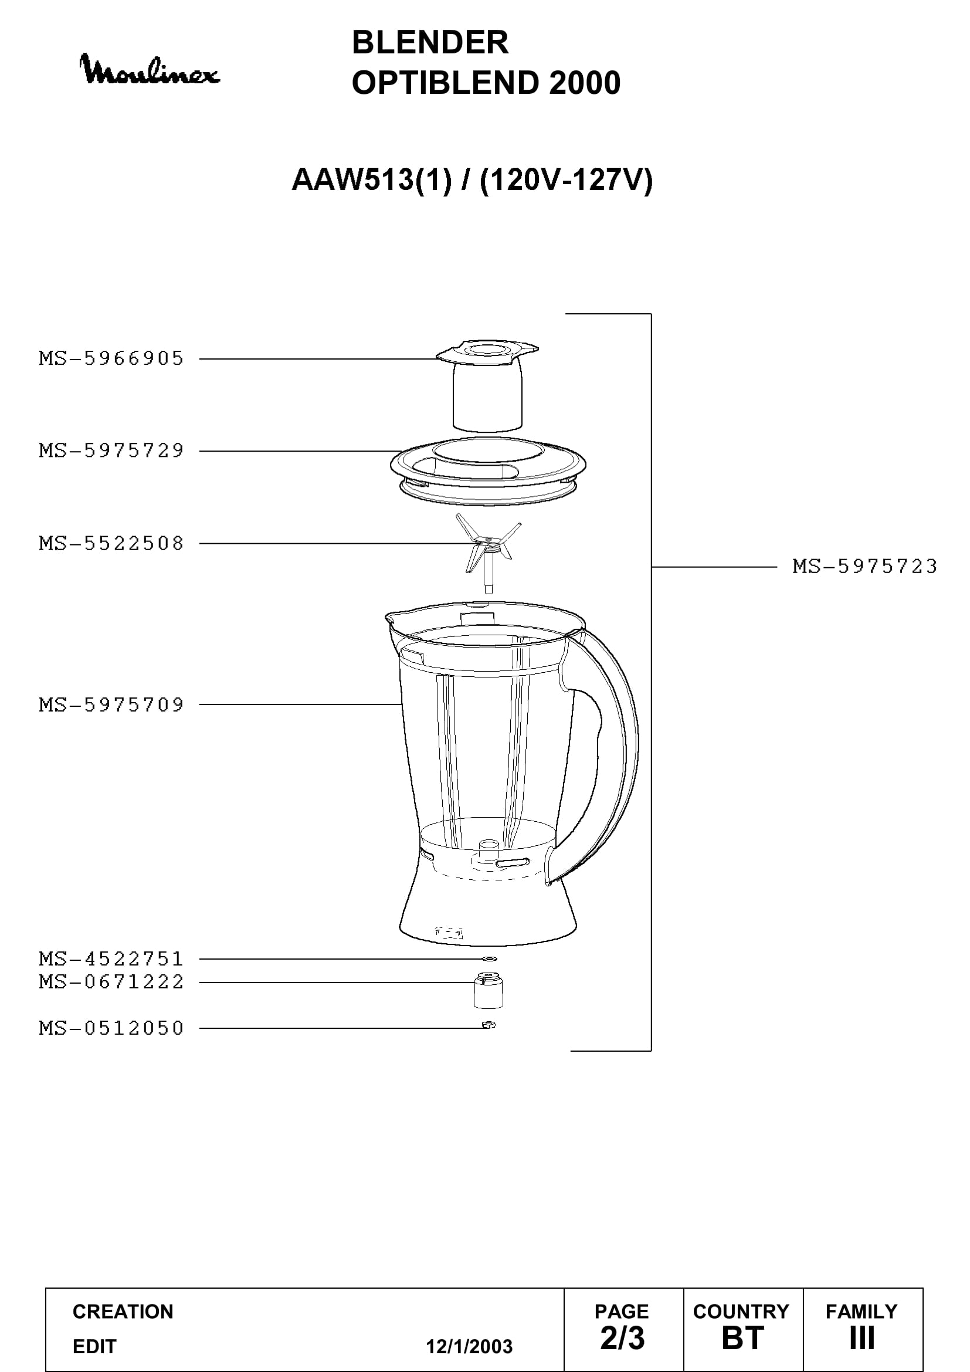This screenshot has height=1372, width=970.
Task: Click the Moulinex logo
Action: (150, 69)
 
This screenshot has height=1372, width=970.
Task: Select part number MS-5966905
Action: (111, 358)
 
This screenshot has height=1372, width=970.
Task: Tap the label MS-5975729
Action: (111, 450)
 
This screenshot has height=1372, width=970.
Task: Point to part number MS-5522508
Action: (111, 543)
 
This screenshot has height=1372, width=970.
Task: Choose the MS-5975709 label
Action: (111, 704)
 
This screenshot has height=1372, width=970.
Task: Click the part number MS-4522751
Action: (111, 958)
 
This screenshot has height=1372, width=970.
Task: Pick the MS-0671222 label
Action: (111, 982)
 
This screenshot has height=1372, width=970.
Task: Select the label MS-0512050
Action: (111, 1028)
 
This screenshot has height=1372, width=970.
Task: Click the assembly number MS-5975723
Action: (865, 566)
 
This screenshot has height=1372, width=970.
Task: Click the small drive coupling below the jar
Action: (488, 991)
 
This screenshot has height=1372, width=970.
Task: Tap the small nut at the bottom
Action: (489, 1025)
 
